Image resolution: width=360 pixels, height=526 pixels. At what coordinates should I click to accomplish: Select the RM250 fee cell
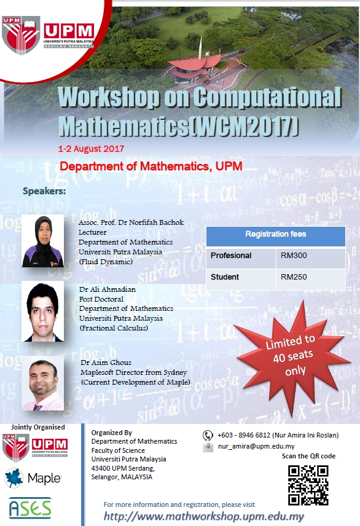310,279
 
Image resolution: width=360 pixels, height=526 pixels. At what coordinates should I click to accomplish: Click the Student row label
224,277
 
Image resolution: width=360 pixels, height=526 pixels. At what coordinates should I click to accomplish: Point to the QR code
308,485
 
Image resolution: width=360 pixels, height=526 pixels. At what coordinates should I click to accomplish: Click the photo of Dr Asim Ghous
43,383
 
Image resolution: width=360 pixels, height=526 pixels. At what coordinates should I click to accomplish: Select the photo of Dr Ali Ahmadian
42,312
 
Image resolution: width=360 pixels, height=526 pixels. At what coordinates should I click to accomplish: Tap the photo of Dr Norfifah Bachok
42,241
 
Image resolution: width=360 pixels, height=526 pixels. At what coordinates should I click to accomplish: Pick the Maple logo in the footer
33,477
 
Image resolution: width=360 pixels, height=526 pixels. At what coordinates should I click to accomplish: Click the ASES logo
30,508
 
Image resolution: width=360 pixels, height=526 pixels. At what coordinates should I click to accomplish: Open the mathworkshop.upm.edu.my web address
204,516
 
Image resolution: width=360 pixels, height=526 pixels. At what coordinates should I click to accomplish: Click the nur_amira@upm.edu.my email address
256,447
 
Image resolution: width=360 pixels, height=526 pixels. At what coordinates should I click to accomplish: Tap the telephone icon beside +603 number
208,436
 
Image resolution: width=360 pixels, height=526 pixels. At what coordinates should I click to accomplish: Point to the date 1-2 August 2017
91,149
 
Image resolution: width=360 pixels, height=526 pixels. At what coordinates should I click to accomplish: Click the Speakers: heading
44,191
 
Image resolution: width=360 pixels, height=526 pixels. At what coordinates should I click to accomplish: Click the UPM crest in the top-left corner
21,35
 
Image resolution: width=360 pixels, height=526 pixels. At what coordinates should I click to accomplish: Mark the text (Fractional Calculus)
114,328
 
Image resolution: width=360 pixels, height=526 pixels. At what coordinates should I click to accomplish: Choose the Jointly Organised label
38,427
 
